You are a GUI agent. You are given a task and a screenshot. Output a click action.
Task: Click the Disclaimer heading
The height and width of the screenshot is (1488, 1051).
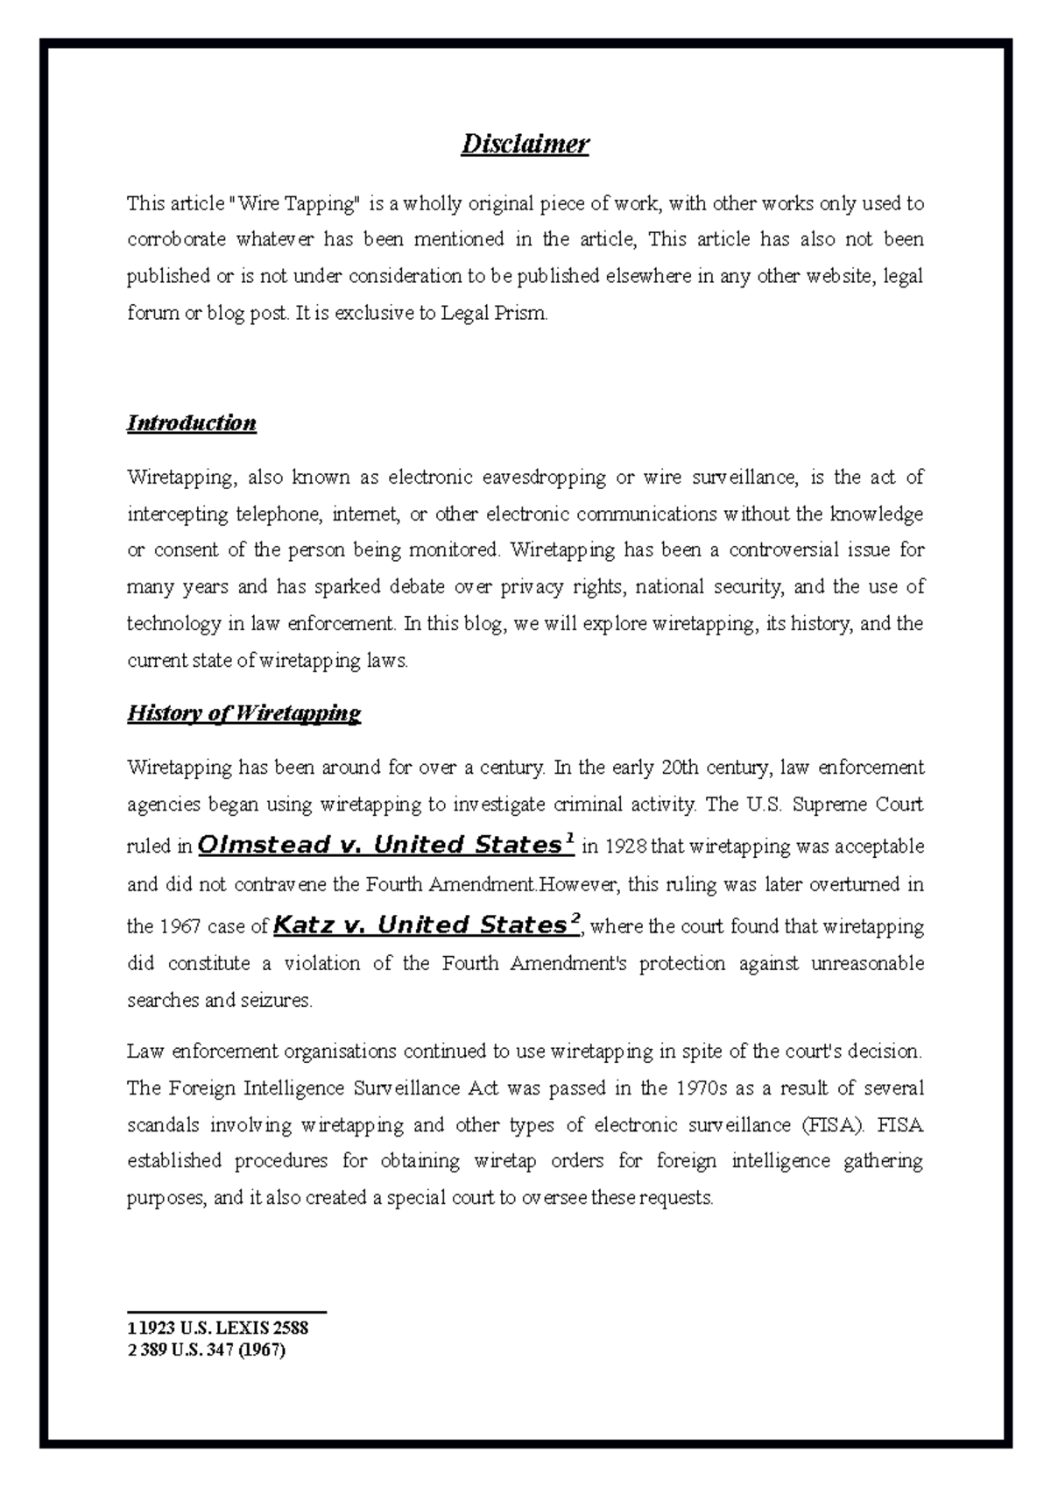click(525, 144)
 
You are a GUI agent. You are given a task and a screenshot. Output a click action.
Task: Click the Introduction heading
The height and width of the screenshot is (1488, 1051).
click(192, 423)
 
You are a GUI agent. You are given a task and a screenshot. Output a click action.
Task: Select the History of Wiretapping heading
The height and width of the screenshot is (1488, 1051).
click(244, 713)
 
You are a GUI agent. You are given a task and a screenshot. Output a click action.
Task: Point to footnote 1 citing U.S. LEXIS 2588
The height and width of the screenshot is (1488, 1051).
click(218, 1328)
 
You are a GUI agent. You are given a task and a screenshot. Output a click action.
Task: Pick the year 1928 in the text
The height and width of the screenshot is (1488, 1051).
click(624, 847)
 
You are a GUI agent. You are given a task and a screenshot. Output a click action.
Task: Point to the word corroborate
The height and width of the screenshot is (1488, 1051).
click(177, 239)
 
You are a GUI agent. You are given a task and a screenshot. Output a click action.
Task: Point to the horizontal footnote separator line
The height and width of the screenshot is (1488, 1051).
click(227, 1312)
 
